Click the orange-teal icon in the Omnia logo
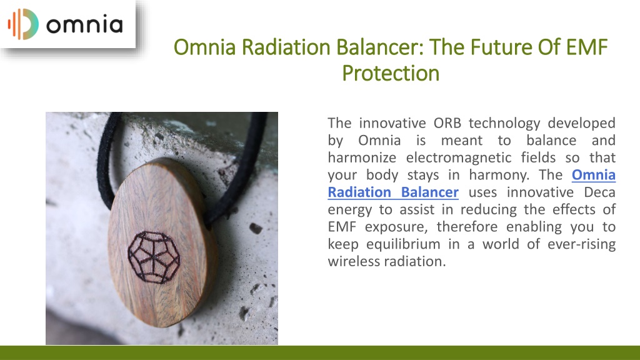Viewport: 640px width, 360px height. tap(23, 24)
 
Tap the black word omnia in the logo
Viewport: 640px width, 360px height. tap(84, 25)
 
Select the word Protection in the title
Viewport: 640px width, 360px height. tap(391, 74)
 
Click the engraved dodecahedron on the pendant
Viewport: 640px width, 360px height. tap(154, 257)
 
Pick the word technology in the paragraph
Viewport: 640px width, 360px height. tap(504, 123)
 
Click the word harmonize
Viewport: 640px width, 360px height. tap(362, 157)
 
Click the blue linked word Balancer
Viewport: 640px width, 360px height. tap(430, 192)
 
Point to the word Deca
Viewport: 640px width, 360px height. tap(599, 192)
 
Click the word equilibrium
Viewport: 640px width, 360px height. tap(403, 244)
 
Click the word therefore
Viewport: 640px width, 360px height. tap(466, 226)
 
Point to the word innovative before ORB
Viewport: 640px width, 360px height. tap(392, 123)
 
